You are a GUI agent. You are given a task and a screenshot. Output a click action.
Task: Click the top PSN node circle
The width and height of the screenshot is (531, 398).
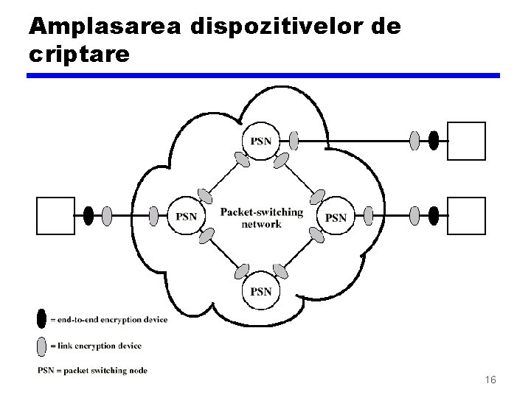[260, 140]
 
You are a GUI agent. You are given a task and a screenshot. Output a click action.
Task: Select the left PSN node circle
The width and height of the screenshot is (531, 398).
[187, 216]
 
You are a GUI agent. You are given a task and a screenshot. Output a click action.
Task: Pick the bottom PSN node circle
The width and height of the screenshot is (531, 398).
[260, 291]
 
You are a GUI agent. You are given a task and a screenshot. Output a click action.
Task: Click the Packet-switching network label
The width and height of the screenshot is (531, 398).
[261, 218]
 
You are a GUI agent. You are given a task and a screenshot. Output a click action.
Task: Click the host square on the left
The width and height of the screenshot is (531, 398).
[56, 216]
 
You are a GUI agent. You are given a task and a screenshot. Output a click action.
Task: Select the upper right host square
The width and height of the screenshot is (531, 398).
[467, 140]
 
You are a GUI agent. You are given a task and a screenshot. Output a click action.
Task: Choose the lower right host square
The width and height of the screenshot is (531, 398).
[467, 216]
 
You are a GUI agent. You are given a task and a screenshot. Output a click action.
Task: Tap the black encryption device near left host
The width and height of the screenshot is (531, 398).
[88, 216]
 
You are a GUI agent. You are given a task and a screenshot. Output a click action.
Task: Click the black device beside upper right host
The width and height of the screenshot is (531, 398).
[434, 139]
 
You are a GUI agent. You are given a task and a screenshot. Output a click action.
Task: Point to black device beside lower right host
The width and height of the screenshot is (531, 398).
[434, 216]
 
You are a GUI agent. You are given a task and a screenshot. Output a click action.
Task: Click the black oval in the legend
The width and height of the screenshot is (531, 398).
[41, 319]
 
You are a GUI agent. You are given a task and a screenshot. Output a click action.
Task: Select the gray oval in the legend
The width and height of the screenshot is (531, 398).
[41, 344]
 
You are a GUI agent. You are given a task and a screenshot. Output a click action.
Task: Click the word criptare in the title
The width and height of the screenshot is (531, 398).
[79, 55]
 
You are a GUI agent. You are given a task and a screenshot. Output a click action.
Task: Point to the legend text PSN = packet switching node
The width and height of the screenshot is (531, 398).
[92, 370]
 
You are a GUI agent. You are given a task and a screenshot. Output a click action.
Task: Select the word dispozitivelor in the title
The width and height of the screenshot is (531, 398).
[283, 27]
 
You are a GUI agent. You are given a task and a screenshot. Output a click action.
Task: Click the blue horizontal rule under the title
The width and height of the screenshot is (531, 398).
[263, 75]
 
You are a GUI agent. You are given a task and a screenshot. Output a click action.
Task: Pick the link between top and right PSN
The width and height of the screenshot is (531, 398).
[298, 177]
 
